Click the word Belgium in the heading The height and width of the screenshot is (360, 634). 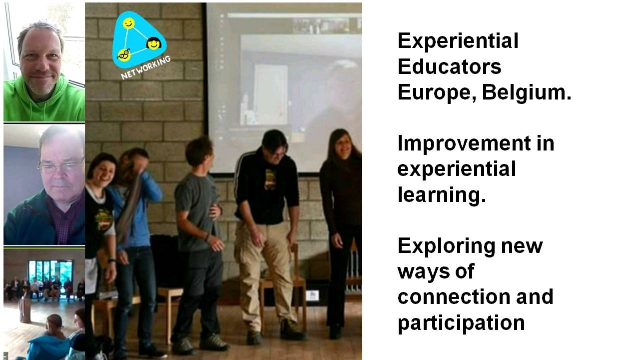click(527, 92)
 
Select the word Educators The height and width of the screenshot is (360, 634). click(449, 66)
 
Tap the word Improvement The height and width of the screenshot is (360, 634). click(464, 143)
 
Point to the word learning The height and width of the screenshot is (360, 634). click(442, 195)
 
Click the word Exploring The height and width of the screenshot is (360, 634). click(446, 246)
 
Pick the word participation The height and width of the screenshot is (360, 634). click(461, 323)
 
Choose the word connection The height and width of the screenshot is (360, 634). click(454, 297)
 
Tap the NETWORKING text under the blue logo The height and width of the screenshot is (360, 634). click(145, 67)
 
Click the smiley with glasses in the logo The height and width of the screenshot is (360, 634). click(124, 55)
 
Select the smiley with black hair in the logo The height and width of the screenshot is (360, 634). click(154, 43)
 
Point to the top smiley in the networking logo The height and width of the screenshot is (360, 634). click(128, 23)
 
